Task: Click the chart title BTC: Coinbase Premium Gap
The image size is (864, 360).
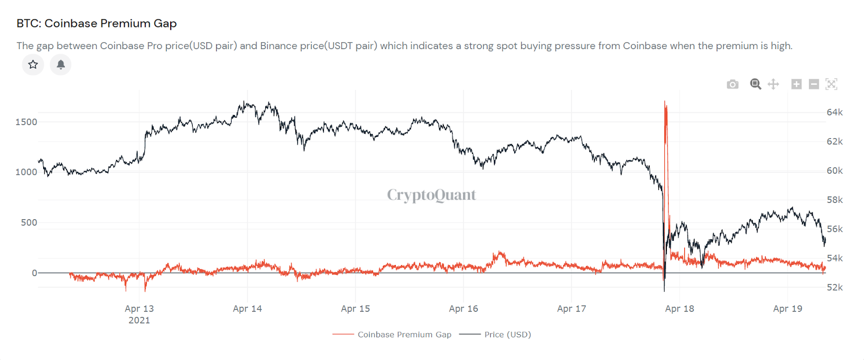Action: (97, 23)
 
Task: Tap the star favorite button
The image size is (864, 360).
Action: (33, 65)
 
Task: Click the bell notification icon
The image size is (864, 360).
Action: (60, 65)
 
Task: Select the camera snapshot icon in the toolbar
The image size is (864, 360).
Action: (732, 84)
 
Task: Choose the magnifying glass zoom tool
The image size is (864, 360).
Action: (755, 84)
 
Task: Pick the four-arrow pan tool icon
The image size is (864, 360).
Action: (773, 84)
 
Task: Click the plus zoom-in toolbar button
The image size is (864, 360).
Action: (796, 84)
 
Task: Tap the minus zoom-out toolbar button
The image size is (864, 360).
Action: (814, 84)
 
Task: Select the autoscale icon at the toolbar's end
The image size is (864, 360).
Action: (832, 84)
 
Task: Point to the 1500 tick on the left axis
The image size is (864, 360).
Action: (26, 122)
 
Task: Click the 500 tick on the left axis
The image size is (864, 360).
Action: (29, 222)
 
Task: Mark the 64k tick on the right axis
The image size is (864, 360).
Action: (834, 112)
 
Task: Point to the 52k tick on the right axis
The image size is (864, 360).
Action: (834, 287)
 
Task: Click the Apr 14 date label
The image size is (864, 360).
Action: (247, 309)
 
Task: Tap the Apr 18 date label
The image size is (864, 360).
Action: (679, 309)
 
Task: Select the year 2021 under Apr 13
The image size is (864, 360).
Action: (139, 320)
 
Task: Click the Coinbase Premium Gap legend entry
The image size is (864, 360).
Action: (404, 335)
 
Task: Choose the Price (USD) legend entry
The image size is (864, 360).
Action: (507, 335)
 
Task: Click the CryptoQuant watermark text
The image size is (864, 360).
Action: (431, 195)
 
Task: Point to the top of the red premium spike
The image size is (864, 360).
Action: (665, 102)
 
